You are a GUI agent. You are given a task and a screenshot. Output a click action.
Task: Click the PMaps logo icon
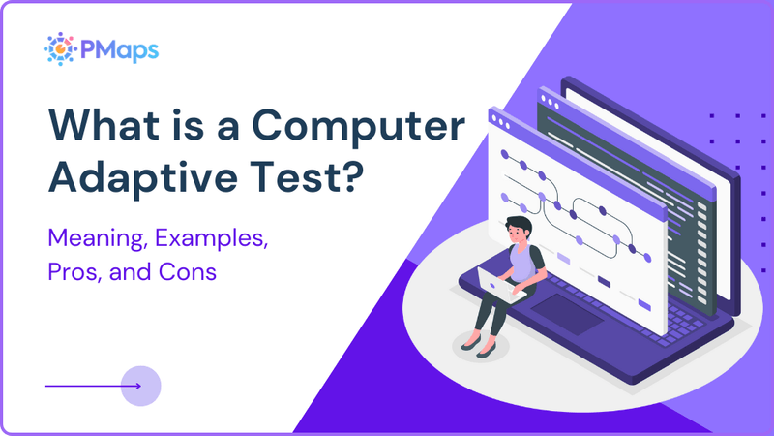pos(61,48)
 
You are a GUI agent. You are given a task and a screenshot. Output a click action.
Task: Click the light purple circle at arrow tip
pos(142,386)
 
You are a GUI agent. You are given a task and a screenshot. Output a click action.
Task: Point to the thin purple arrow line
pos(87,386)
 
